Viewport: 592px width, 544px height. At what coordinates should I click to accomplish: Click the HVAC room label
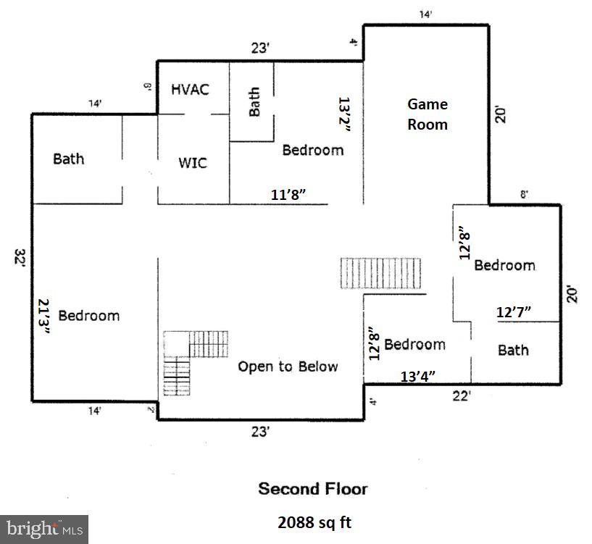click(190, 89)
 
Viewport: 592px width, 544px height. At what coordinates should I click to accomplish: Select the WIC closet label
click(193, 162)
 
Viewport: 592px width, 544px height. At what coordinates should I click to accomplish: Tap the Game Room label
click(427, 114)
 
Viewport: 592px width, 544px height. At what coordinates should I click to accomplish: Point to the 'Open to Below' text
click(288, 367)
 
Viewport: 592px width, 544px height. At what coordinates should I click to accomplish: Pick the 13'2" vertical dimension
click(346, 115)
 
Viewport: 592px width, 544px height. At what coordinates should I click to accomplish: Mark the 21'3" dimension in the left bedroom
click(44, 316)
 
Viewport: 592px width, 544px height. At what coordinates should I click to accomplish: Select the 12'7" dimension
click(514, 312)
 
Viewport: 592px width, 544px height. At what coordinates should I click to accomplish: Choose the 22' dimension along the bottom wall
click(461, 396)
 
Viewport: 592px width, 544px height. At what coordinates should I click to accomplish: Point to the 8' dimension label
click(524, 194)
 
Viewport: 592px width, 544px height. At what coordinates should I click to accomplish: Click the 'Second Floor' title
click(312, 489)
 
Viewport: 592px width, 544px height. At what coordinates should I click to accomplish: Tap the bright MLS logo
click(43, 529)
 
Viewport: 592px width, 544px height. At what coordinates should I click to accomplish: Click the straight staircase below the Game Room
click(381, 273)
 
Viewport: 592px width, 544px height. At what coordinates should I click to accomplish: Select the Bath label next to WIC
click(69, 159)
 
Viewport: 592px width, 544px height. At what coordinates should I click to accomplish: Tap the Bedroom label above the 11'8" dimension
click(312, 150)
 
